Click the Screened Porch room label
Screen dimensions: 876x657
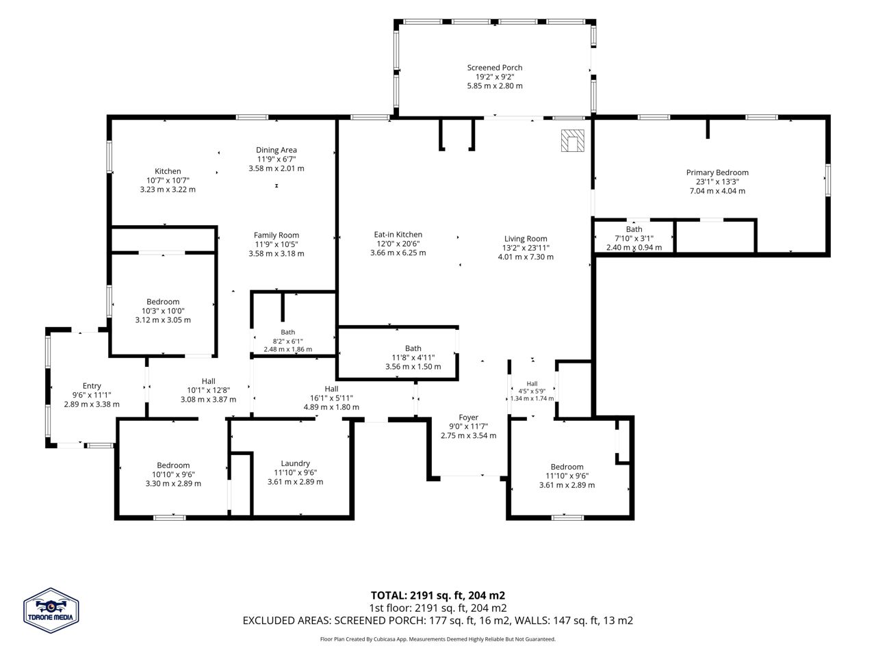[x=495, y=68]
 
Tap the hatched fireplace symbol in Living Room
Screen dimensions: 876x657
[x=572, y=140]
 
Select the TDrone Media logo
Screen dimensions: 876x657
[x=51, y=610]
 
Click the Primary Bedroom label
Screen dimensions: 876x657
[x=717, y=172]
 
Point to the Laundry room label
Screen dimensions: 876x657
[x=295, y=463]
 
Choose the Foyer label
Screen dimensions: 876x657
[x=468, y=417]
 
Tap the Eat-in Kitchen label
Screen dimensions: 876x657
[x=398, y=235]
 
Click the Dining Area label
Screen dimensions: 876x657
[x=276, y=150]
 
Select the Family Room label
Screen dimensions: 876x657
[x=276, y=235]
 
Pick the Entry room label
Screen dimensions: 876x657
[x=92, y=386]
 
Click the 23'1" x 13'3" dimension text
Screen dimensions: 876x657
[x=717, y=181]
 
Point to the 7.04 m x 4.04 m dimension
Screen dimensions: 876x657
[x=717, y=191]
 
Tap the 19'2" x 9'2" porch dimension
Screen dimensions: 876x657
[x=495, y=77]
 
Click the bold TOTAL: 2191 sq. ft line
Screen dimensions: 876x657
[x=438, y=595]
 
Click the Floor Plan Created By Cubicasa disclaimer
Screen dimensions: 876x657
[x=438, y=639]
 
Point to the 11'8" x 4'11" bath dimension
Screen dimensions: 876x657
[x=413, y=357]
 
